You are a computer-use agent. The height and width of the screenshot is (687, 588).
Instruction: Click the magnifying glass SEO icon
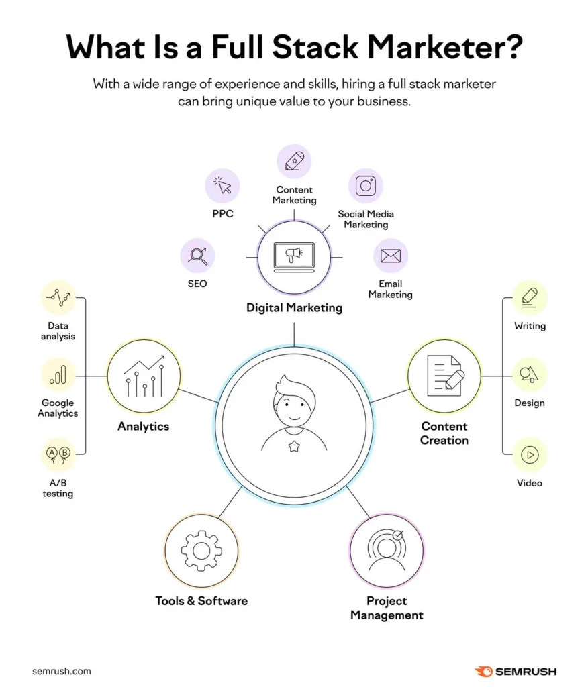[198, 256]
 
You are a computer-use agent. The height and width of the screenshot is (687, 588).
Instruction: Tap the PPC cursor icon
[222, 184]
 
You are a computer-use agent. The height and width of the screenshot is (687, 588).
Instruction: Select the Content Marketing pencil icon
[294, 162]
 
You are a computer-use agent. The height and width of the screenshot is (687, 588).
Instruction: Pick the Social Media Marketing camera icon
[366, 186]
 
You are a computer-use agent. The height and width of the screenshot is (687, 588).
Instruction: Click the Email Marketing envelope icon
[390, 256]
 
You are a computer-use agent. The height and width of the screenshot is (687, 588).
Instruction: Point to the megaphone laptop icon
[294, 256]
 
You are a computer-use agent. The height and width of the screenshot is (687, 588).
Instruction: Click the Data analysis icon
[58, 297]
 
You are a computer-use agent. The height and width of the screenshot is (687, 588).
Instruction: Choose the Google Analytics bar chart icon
[58, 374]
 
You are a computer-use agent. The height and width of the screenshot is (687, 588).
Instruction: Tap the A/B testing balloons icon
[58, 455]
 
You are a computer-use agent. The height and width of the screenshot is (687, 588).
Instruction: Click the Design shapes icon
[530, 374]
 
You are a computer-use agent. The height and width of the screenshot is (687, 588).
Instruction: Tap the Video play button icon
[530, 455]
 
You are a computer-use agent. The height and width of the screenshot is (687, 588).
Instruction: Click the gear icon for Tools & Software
[201, 550]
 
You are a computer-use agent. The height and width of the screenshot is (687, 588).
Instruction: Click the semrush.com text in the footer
[61, 671]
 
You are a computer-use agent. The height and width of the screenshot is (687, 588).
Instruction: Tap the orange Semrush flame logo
[483, 671]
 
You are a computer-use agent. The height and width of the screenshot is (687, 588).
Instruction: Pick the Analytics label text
[143, 426]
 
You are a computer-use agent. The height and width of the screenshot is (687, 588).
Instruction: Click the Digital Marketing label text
[294, 308]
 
